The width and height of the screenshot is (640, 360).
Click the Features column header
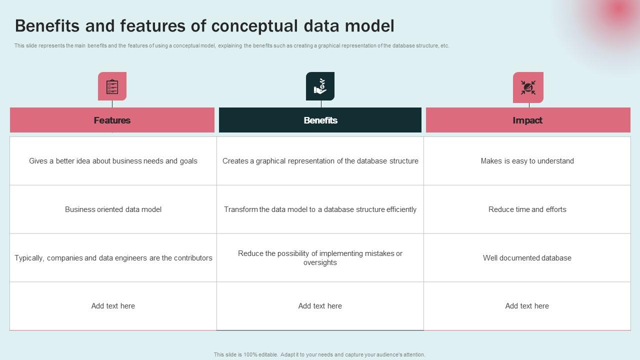pyautogui.click(x=112, y=120)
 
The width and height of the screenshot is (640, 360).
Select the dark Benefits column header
pyautogui.click(x=320, y=120)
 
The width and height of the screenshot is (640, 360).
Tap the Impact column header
pyautogui.click(x=527, y=120)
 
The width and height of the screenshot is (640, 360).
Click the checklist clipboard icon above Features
pyautogui.click(x=112, y=86)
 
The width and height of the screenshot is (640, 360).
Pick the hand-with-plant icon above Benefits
pyautogui.click(x=320, y=86)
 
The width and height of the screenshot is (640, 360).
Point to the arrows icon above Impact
pyautogui.click(x=528, y=87)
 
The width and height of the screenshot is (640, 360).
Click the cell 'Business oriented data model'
pyautogui.click(x=113, y=209)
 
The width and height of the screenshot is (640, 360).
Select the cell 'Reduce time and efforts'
pyautogui.click(x=527, y=209)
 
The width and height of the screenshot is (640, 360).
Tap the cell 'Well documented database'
pyautogui.click(x=527, y=258)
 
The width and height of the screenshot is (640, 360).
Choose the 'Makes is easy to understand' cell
pyautogui.click(x=527, y=161)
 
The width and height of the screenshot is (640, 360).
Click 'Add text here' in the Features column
pyautogui.click(x=113, y=306)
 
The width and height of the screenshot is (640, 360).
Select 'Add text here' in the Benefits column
pyautogui.click(x=320, y=306)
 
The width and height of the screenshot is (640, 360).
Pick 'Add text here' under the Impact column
pyautogui.click(x=527, y=306)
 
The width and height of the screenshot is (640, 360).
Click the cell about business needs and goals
pyautogui.click(x=113, y=161)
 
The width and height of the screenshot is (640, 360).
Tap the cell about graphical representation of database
pyautogui.click(x=320, y=161)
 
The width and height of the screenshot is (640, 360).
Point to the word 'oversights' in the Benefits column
pyautogui.click(x=320, y=263)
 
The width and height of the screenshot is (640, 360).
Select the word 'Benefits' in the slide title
pyautogui.click(x=47, y=26)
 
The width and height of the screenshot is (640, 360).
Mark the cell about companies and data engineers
pyautogui.click(x=113, y=258)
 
